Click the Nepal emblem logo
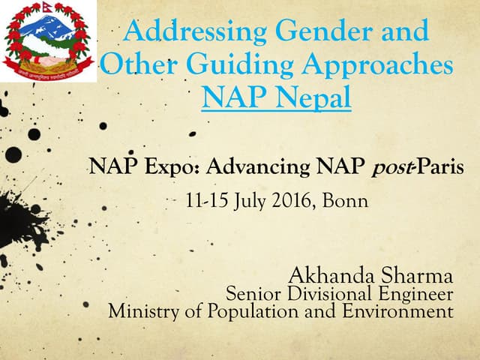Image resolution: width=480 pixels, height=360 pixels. (x=49, y=41)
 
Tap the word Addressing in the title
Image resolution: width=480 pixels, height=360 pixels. (x=197, y=31)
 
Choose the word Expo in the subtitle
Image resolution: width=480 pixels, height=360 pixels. (x=158, y=166)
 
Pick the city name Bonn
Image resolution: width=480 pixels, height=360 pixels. (x=345, y=201)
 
